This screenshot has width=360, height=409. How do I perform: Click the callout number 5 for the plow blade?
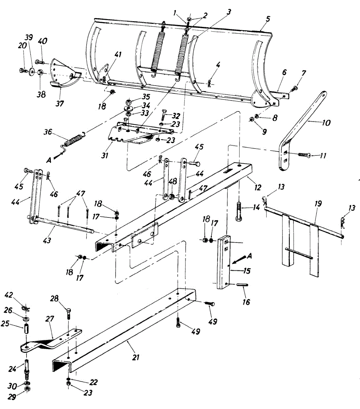click(268, 19)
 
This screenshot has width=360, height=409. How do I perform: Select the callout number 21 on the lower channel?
click(136, 357)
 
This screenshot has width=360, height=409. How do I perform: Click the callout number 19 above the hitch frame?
click(318, 204)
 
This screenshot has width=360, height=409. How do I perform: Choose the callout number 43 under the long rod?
click(47, 240)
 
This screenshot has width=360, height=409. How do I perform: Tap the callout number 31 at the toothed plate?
click(105, 155)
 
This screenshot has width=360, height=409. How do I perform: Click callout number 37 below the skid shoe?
click(60, 103)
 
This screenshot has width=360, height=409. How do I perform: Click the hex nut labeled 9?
click(251, 120)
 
